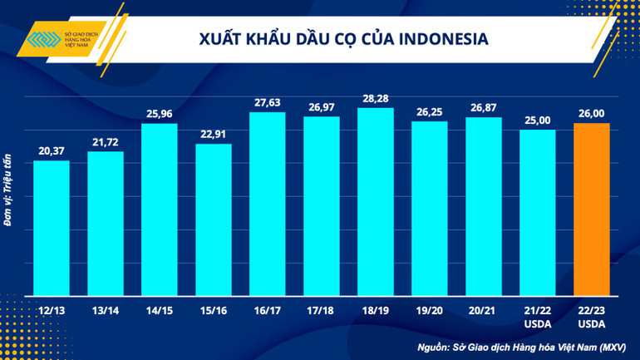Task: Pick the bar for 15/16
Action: point(214,220)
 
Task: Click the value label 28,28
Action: point(376,98)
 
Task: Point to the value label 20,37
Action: point(52,150)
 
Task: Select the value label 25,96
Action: point(160,114)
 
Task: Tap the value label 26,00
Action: point(592,114)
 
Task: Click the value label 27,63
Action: point(268,102)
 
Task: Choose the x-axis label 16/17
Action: point(268,310)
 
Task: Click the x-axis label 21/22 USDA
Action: point(538,316)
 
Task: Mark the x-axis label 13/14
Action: point(106,310)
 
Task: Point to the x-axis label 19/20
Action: point(430,310)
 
